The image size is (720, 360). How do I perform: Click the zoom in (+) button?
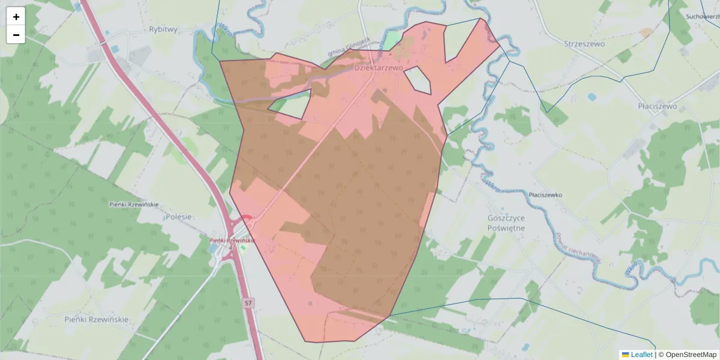(x=16, y=16)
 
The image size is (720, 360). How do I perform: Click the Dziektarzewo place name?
(x=378, y=68)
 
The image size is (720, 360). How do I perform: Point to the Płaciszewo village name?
(x=657, y=106)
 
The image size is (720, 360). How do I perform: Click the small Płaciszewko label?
(x=545, y=195)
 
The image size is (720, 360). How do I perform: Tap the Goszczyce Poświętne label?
(x=506, y=223)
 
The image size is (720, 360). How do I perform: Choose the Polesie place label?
(x=179, y=217)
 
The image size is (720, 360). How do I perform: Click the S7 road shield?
(x=248, y=304)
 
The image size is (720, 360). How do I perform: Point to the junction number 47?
(x=232, y=247)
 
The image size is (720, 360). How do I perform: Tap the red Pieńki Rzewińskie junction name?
(x=232, y=241)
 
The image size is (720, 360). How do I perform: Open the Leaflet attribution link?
(x=641, y=355)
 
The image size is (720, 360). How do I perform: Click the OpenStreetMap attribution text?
(x=688, y=355)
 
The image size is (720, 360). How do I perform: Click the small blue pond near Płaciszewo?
(x=592, y=97)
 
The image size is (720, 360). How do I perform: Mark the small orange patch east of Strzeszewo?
(x=646, y=32)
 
